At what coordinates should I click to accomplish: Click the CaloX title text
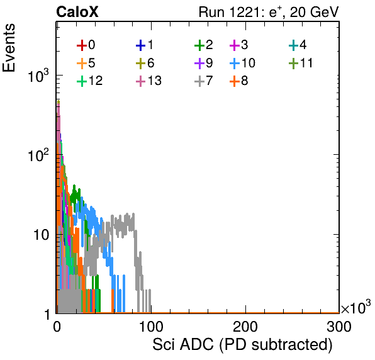(x=77, y=12)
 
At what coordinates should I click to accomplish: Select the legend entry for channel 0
(x=86, y=45)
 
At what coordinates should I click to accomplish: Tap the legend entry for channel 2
(x=203, y=45)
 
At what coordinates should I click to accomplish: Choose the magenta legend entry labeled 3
(x=238, y=45)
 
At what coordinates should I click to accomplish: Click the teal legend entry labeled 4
(x=298, y=45)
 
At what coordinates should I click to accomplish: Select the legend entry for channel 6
(x=145, y=63)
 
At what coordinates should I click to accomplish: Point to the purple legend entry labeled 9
(x=203, y=63)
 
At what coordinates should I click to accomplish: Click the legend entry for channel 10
(x=242, y=63)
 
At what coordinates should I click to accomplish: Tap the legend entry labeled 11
(x=301, y=63)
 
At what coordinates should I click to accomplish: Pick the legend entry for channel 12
(x=90, y=81)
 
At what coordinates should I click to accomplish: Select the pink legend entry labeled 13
(x=148, y=81)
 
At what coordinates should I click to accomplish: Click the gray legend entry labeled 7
(x=203, y=81)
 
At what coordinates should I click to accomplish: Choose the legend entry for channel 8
(x=238, y=81)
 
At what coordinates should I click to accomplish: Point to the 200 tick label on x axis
(x=245, y=327)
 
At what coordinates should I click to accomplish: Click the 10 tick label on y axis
(x=42, y=235)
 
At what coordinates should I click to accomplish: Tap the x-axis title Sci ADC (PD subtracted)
(x=242, y=345)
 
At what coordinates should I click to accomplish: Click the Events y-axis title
(x=9, y=48)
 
